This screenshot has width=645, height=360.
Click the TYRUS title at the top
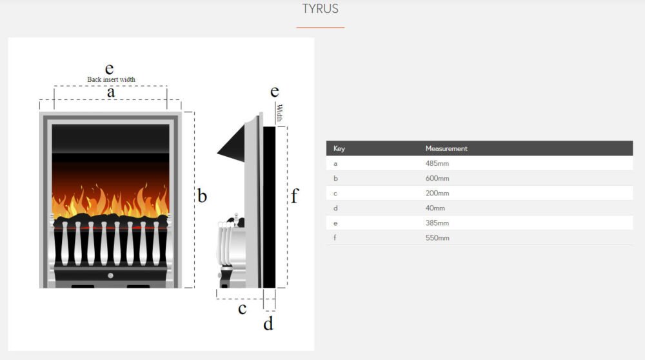click(x=321, y=8)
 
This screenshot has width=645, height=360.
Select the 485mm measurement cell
click(x=437, y=163)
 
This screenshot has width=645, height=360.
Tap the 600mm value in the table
click(x=437, y=178)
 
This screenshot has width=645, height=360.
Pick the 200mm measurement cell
click(x=437, y=193)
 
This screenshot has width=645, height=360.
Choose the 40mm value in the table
click(x=435, y=208)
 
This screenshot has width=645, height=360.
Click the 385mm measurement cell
click(x=437, y=223)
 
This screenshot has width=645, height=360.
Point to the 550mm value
click(x=437, y=238)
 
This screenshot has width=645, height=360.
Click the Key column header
click(x=339, y=148)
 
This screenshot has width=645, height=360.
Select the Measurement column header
click(x=446, y=148)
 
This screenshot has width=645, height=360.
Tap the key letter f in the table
click(x=335, y=237)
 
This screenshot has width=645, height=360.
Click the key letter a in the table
click(x=335, y=164)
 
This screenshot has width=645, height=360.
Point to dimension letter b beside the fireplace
click(x=202, y=196)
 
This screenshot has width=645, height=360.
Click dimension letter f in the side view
click(x=295, y=196)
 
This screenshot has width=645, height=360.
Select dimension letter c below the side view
click(x=243, y=308)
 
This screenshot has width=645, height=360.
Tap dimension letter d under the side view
click(x=268, y=323)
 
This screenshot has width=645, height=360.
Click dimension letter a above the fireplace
click(x=111, y=92)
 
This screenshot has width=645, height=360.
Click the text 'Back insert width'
click(x=111, y=79)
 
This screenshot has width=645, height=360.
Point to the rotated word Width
click(x=280, y=113)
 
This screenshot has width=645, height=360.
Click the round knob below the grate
click(x=111, y=275)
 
